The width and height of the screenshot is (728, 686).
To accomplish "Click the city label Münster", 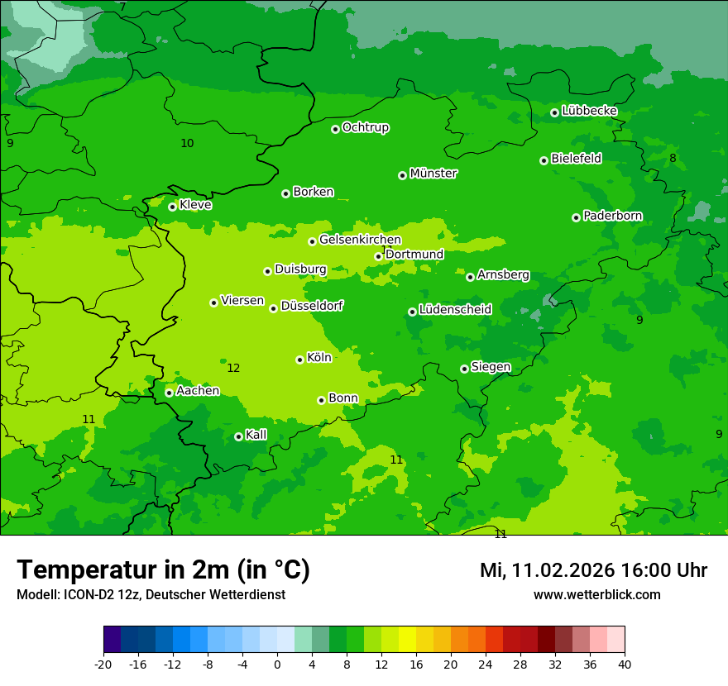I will point(433,174).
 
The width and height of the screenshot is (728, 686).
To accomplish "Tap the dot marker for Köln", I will point(299,360).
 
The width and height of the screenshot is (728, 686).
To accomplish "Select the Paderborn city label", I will point(612,216).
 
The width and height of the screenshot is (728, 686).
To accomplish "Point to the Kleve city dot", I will point(172,207).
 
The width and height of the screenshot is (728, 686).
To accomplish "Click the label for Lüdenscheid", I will point(455,310).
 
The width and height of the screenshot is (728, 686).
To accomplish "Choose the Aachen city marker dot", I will point(169,393).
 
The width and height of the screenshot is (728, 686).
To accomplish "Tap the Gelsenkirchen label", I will point(360,240).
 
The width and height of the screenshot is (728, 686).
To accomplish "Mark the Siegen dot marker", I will point(464,369).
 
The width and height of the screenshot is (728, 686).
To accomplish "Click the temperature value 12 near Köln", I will point(233,368).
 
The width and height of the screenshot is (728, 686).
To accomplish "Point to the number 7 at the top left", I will point(122,7).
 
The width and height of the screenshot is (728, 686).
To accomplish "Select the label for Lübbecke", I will point(589,111).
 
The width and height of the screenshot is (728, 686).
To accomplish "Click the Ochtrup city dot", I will point(335,129).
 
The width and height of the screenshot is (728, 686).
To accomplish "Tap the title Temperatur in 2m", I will point(163,569).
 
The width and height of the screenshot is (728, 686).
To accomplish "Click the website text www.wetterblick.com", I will point(596,594).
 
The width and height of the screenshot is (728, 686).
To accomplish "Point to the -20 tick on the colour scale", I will point(103,664).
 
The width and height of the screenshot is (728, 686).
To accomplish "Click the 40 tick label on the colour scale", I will point(625,664).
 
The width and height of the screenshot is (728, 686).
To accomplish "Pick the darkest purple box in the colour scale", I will point(112,639).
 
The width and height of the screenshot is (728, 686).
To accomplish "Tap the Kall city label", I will point(256,435).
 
